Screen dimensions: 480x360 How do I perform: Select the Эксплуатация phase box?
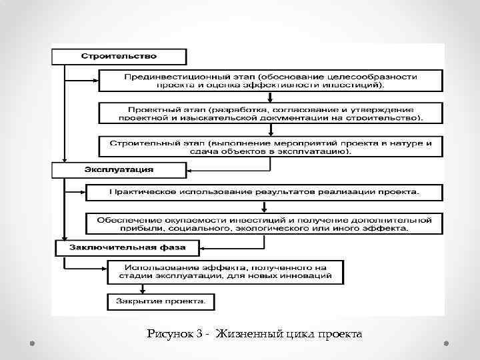(x=119, y=169)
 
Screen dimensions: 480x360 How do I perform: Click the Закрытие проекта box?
(x=161, y=301)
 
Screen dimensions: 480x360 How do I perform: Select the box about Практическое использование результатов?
(x=263, y=193)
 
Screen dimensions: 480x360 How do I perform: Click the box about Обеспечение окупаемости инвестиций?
(x=263, y=223)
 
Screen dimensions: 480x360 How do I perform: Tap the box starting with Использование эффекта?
(x=225, y=271)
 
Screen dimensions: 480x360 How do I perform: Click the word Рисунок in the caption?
(x=174, y=333)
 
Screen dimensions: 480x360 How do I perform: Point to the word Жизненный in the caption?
(x=257, y=333)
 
